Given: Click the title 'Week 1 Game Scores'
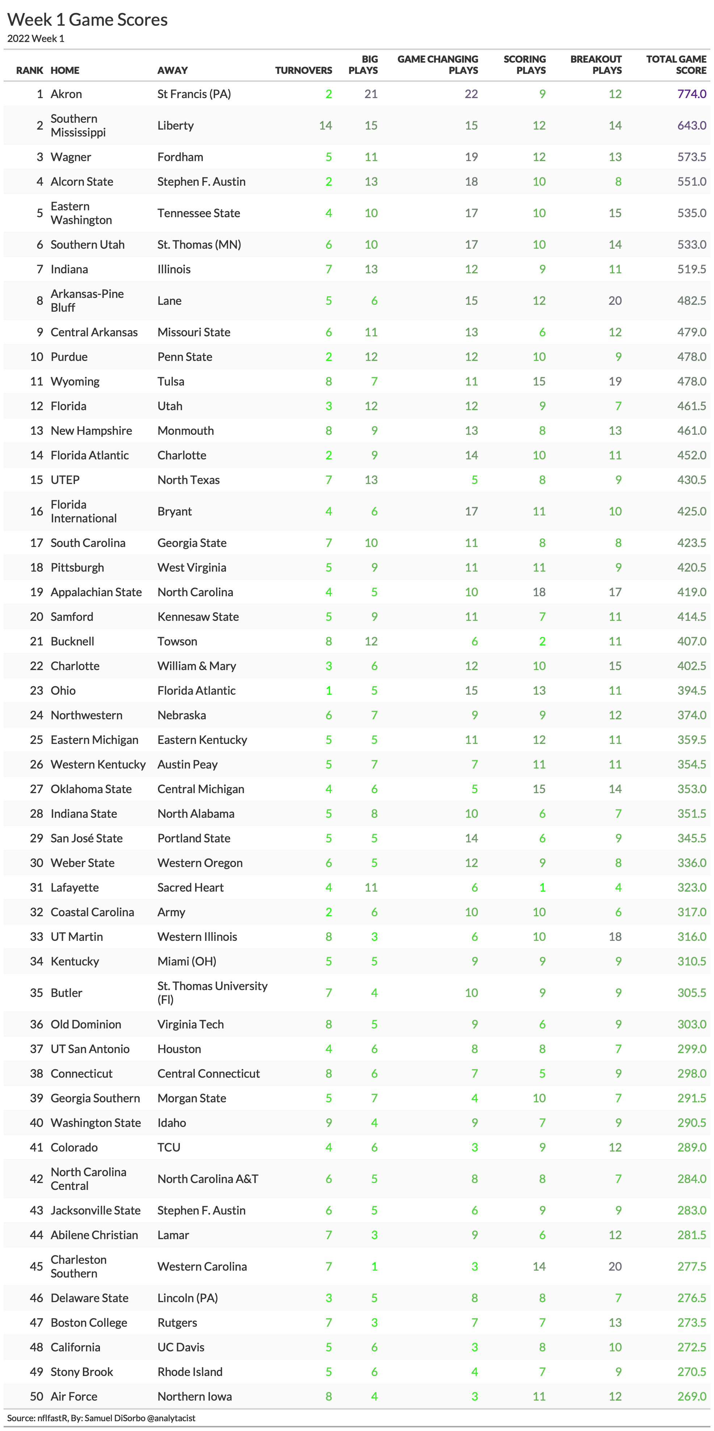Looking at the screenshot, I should point(87,20).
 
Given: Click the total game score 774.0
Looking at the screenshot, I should point(691,94).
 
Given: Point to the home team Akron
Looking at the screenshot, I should point(66,94).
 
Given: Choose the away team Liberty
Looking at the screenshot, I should point(176,126).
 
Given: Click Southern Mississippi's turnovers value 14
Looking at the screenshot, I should point(325,126).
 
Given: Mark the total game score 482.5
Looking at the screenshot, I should point(691,300).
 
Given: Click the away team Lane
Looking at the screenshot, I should point(169,300).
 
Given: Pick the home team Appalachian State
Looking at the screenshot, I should point(96,592).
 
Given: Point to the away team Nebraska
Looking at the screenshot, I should point(182,715).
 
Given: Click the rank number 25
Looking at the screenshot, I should point(37,740).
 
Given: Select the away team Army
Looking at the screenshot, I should point(171,912).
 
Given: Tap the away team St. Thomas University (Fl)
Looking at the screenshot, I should point(212,993).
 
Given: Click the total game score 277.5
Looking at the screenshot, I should point(691,1267).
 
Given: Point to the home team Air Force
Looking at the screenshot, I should point(74,1397).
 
